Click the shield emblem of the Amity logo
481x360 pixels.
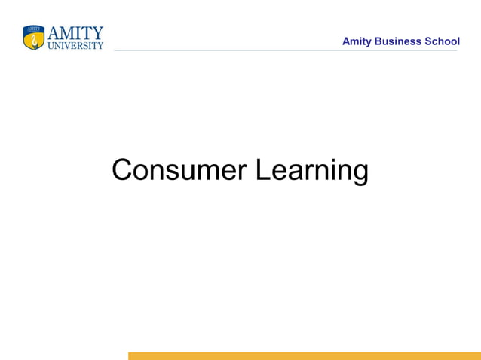click(34, 38)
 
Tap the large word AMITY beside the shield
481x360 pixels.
click(75, 33)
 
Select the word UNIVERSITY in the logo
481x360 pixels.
click(75, 45)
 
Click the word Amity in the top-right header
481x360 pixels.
click(357, 41)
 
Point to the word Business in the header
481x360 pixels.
click(398, 41)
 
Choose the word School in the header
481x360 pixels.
click(443, 41)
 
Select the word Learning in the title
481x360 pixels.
click(311, 171)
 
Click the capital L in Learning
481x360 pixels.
click(261, 170)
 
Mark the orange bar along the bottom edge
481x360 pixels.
click(304, 355)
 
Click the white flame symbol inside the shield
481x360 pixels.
click(34, 40)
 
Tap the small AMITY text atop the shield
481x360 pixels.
click(34, 29)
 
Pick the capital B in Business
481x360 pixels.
click(378, 41)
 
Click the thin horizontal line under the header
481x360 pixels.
click(286, 50)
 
